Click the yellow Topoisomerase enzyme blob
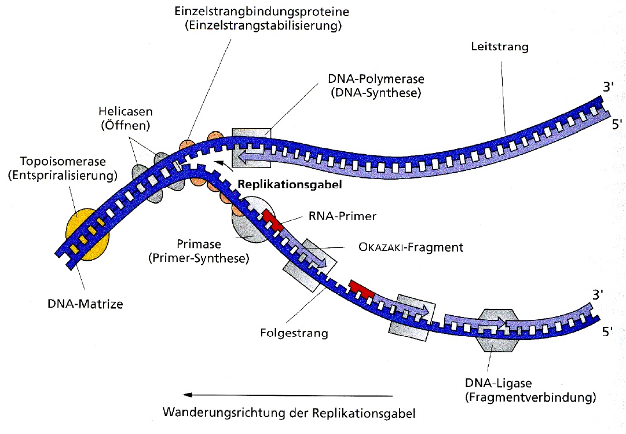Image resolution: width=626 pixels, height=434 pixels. (x=87, y=234)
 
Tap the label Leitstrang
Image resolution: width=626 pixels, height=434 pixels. (x=500, y=47)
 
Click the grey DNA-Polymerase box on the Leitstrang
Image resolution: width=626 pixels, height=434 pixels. (x=250, y=148)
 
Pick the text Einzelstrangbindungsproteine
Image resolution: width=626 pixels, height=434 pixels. (x=258, y=12)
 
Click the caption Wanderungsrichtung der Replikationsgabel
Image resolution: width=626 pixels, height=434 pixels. (x=289, y=414)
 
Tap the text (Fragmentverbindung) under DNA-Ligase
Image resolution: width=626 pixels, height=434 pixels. (x=530, y=397)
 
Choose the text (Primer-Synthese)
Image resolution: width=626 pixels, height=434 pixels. (x=206, y=258)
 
